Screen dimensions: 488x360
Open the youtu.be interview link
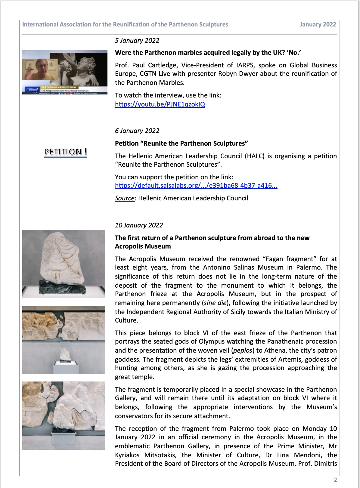[x=160, y=104]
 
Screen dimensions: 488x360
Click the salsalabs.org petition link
[x=196, y=186]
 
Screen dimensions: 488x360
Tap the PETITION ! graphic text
[x=65, y=152]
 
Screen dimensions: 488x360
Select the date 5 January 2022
[x=137, y=41]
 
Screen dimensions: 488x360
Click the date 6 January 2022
[x=137, y=131]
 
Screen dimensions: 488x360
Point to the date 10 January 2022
[x=139, y=225]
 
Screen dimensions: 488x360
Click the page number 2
[x=335, y=480]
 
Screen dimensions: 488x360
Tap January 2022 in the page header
[x=318, y=25]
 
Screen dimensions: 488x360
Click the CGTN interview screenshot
[x=65, y=72]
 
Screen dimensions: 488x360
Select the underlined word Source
[x=125, y=198]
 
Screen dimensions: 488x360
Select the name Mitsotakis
[x=160, y=455]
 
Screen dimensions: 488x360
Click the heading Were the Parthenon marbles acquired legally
[x=208, y=53]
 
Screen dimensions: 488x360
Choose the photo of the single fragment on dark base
[x=64, y=264]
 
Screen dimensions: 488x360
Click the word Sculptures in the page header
[x=213, y=25]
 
